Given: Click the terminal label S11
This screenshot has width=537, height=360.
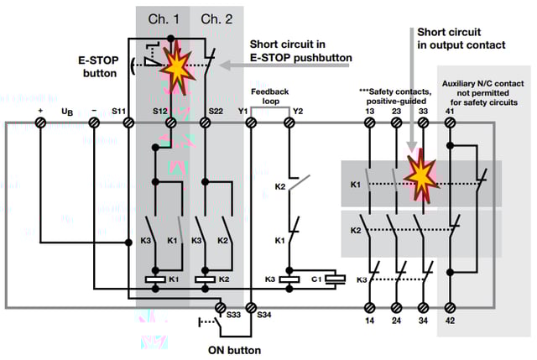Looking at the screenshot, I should (x=120, y=110).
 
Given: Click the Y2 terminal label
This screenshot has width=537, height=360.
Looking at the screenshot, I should (x=297, y=110).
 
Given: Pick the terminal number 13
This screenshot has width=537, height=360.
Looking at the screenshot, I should (x=370, y=110).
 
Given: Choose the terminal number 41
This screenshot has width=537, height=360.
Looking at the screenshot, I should (x=451, y=110).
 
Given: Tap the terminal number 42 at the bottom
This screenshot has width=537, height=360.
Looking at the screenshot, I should (x=451, y=319).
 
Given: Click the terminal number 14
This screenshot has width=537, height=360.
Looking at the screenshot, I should (x=370, y=319).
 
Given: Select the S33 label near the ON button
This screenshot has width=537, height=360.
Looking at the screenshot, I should (x=235, y=314).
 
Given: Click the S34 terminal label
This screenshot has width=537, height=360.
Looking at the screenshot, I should (x=263, y=314).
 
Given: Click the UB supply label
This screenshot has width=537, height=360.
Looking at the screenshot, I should (x=68, y=110).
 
